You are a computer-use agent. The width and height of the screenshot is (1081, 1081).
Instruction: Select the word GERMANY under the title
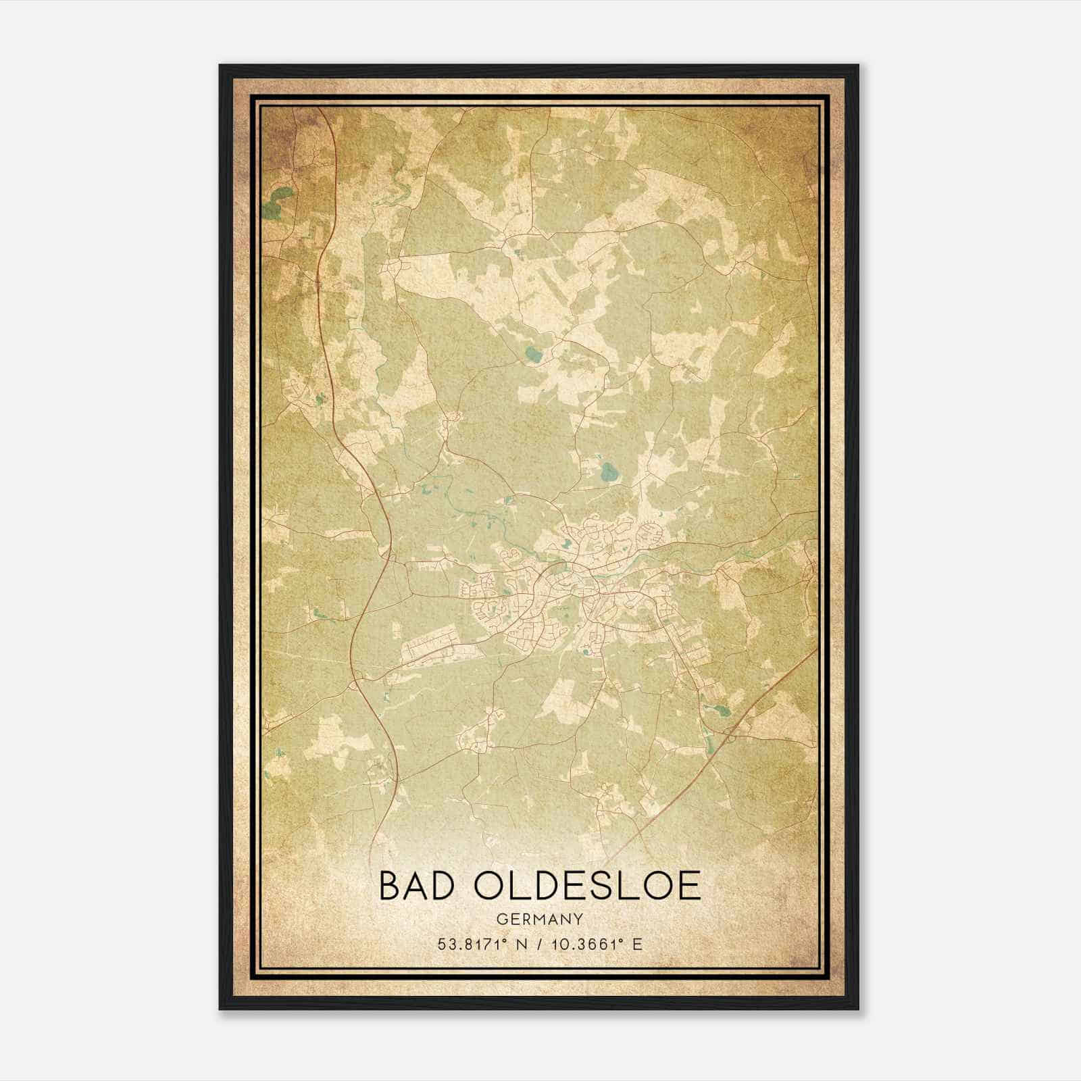pos(539,920)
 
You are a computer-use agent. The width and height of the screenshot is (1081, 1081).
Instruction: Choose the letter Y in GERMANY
pos(578,920)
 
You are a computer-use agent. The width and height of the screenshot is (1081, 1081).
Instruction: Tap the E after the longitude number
pos(636,944)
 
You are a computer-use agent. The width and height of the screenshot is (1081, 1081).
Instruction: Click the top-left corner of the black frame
pos(220,66)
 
